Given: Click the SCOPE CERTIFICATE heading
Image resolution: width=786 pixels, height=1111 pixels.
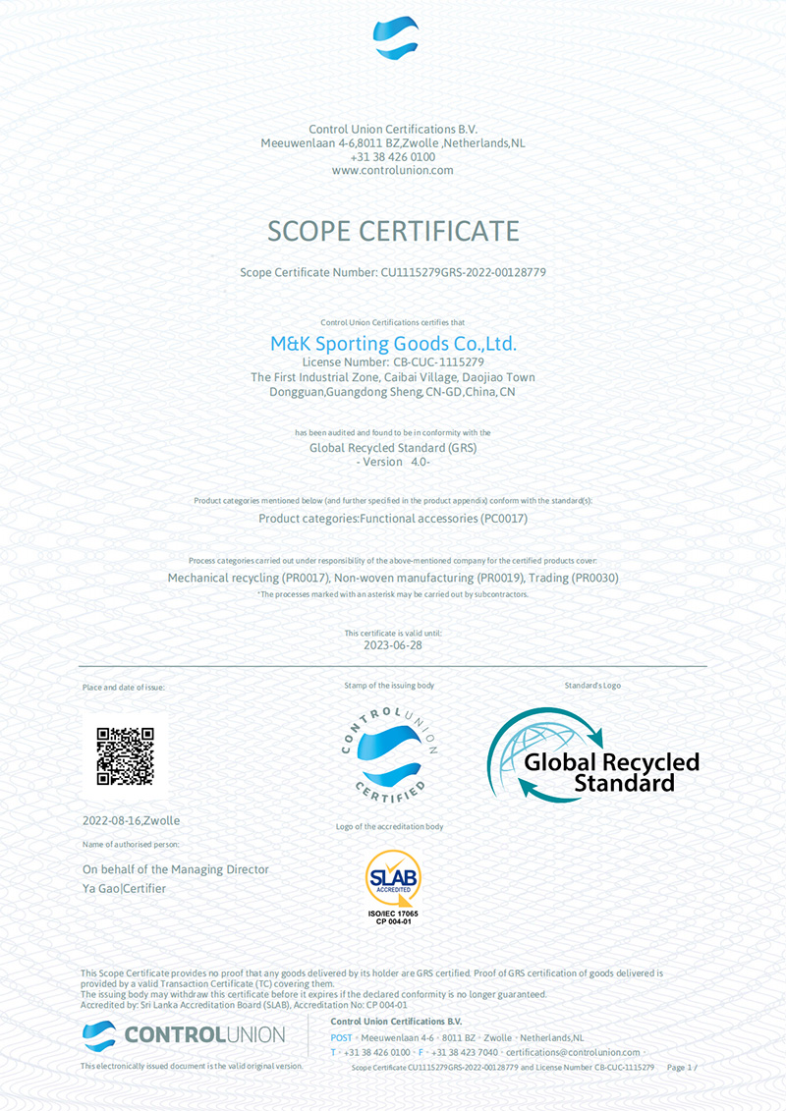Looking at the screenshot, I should [x=393, y=231].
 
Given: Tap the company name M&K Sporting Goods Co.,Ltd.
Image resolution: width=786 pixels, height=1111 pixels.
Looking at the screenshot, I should [x=393, y=344].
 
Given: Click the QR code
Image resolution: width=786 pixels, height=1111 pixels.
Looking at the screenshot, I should [x=126, y=755].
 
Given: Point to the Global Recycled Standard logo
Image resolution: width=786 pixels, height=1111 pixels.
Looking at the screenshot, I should [x=593, y=756].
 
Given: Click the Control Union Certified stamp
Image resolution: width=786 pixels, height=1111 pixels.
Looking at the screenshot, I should [x=390, y=751].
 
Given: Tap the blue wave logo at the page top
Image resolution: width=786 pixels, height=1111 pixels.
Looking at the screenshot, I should [x=396, y=38].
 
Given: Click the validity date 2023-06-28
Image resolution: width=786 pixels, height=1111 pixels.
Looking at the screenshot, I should [x=393, y=645].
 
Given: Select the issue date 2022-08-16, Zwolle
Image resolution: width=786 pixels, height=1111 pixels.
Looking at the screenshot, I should [x=132, y=820].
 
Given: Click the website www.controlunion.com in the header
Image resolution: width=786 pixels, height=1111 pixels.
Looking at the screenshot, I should [x=393, y=170].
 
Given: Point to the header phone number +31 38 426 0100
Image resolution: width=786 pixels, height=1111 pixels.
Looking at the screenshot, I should [x=393, y=156].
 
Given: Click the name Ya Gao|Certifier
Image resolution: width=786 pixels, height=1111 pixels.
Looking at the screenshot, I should [x=124, y=889].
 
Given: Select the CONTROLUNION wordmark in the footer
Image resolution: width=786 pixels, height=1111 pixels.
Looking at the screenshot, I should [x=204, y=1034].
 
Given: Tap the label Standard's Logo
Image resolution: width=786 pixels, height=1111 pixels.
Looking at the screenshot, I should [x=592, y=686].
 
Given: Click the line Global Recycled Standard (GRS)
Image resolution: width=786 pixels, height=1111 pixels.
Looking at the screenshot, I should [x=393, y=447].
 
